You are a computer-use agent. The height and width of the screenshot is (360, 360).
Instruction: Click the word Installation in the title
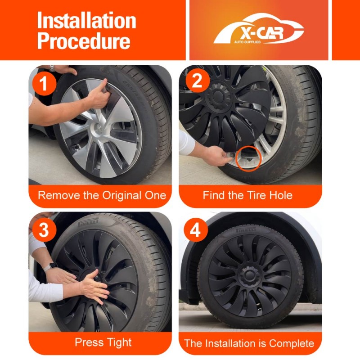pos(86,20)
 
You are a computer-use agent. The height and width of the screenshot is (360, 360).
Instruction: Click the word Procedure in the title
pos(84,41)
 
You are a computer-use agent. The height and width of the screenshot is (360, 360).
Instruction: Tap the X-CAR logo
pos(259,29)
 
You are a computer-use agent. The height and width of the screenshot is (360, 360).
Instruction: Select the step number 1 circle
pos(44,83)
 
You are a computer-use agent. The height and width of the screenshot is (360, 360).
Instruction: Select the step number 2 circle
pos(198,81)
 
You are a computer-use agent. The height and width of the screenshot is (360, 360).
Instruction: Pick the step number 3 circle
pos(44,230)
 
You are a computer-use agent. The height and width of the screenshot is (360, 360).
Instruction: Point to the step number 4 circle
pos(196,230)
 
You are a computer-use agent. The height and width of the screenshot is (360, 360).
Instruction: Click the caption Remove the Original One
pos(102,195)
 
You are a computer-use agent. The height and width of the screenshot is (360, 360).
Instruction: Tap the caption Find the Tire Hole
pos(247,195)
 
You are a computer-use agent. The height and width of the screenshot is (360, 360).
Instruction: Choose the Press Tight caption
pos(103,342)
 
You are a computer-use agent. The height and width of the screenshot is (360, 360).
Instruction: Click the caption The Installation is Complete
pos(249,343)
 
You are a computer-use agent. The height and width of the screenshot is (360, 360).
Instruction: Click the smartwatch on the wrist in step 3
pos(51,267)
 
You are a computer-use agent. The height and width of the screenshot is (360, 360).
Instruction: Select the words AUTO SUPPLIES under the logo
pos(247,42)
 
